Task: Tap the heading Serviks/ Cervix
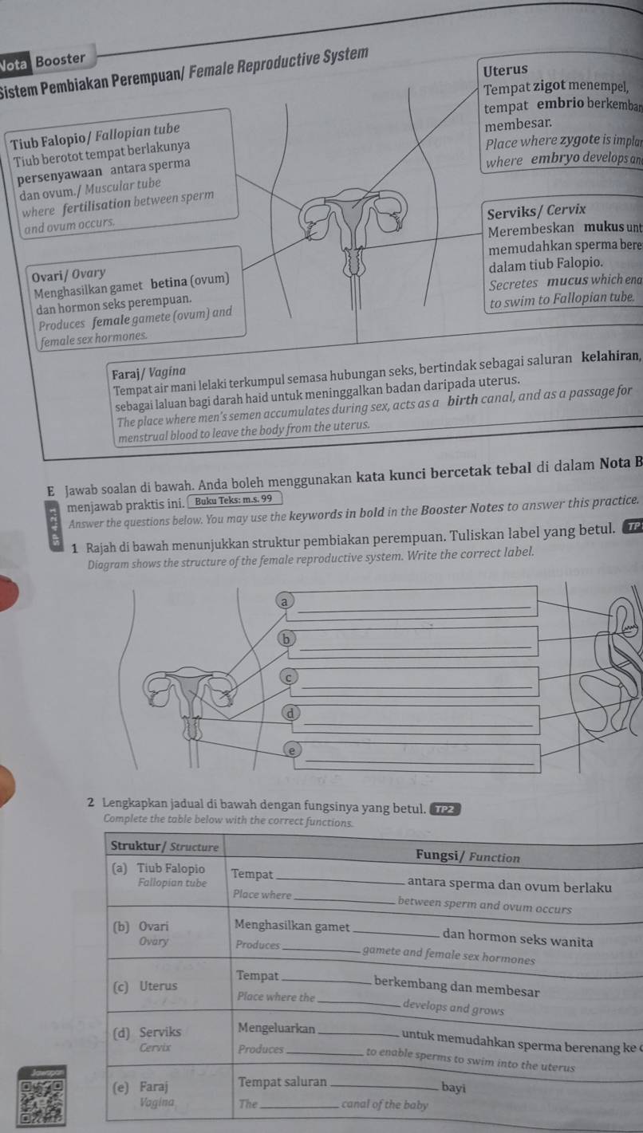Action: (536, 210)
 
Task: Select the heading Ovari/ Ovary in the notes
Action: (65, 274)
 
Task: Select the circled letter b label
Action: (282, 638)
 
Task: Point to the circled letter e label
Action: (292, 750)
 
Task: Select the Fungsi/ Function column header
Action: (467, 856)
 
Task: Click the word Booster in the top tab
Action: (61, 59)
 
